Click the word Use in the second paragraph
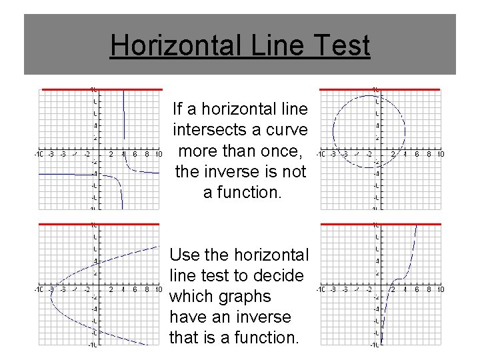(185, 255)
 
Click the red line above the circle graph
(380, 89)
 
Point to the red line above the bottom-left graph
(99, 224)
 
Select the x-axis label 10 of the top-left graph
(158, 155)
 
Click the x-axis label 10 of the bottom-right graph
(440, 289)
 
